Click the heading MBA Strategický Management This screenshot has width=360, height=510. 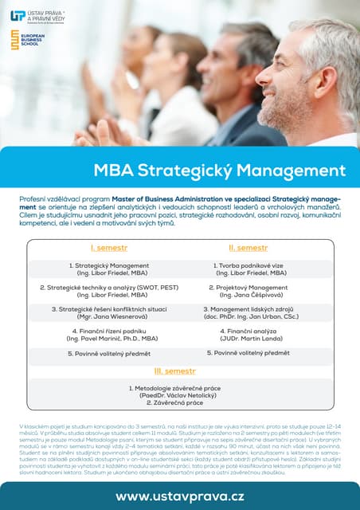tap(219, 171)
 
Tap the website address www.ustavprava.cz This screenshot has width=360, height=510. tap(180, 496)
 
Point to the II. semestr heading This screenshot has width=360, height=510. tap(251, 248)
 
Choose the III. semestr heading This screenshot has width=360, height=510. tap(179, 371)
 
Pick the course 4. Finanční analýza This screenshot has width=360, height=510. tap(251, 331)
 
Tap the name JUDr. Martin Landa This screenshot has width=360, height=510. tap(251, 339)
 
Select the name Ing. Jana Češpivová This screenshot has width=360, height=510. tap(251, 296)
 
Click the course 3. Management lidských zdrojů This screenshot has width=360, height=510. tap(251, 309)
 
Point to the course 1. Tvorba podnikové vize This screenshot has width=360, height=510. tap(251, 265)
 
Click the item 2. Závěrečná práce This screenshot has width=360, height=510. tap(179, 402)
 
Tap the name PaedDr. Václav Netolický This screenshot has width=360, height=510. tap(179, 394)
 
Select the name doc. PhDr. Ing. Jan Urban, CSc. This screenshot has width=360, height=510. tap(251, 317)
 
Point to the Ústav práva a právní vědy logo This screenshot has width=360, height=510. tap(36, 16)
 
